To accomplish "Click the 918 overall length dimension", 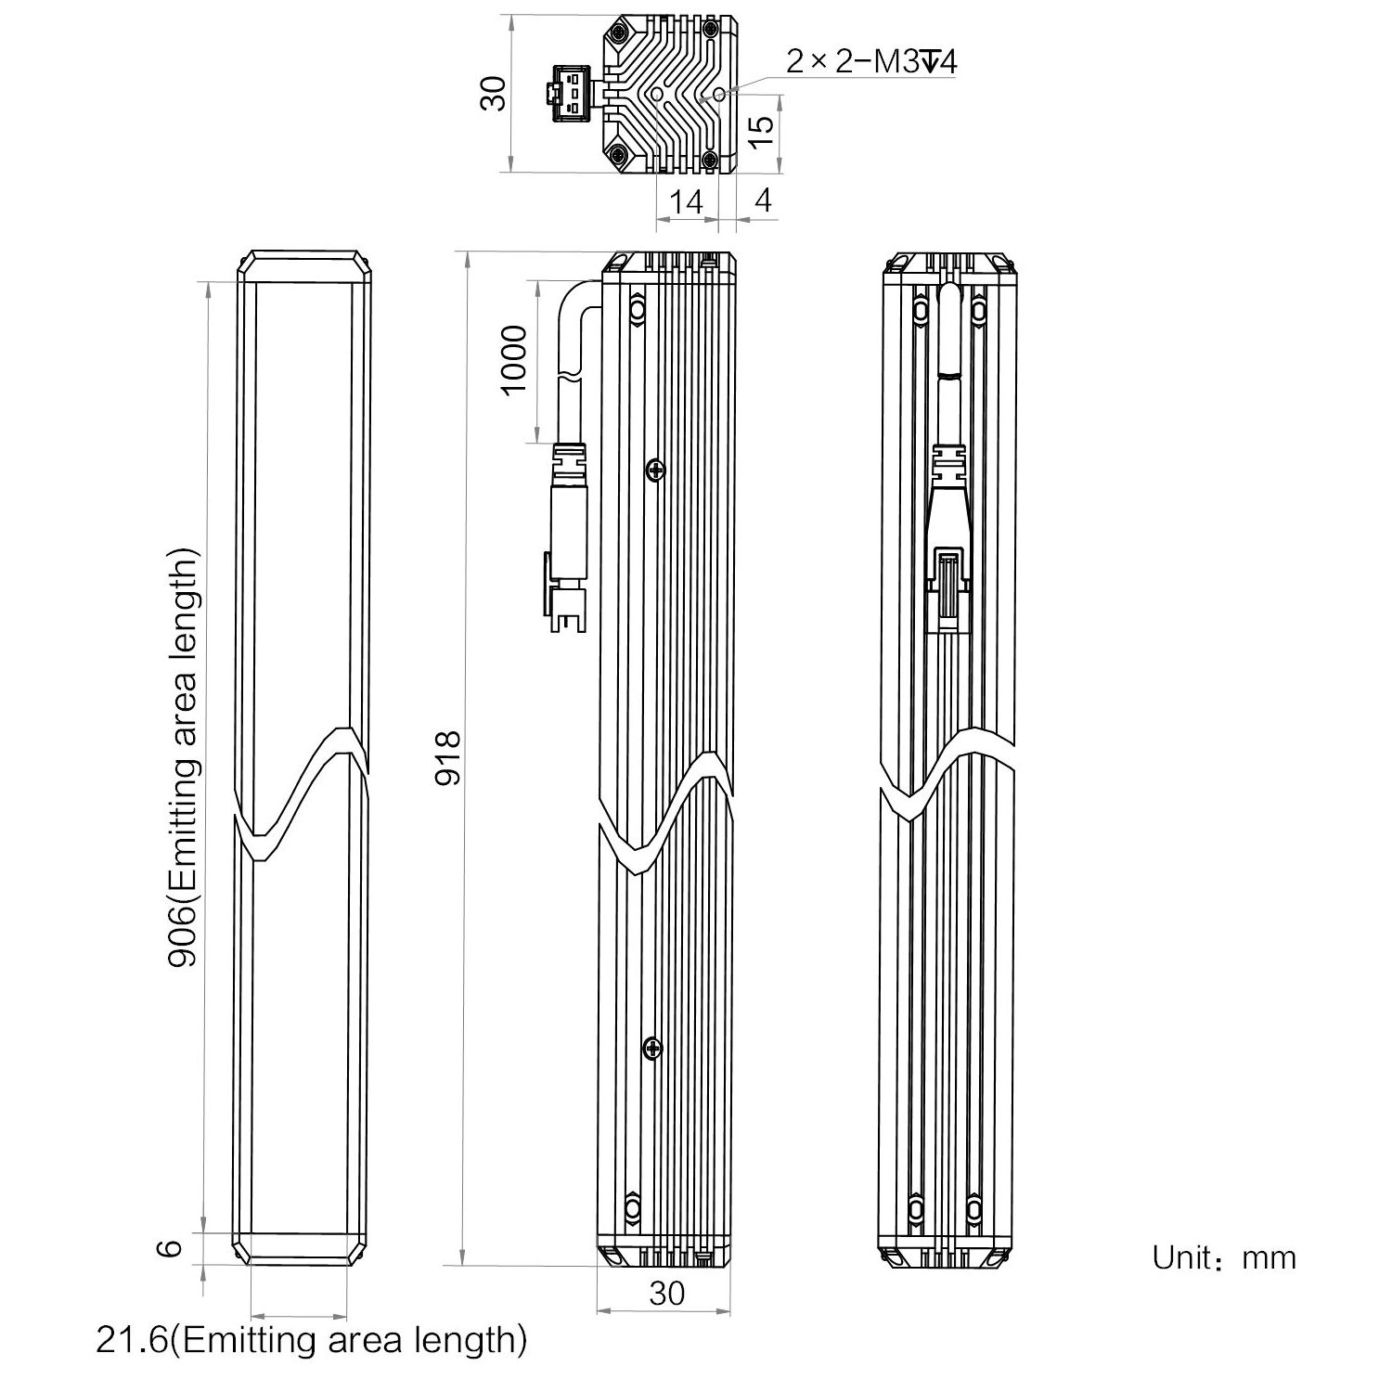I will pos(449,757).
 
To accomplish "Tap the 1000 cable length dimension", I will pos(513,359).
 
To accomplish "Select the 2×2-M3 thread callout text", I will pos(871,62).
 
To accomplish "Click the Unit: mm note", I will pos(1223,1257).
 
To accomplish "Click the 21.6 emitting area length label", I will pos(312,1339).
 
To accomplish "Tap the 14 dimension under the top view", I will pos(687,201).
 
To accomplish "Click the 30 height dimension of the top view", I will pos(496,93).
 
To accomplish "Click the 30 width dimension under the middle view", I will pos(666,1293).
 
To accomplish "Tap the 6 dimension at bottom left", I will pos(168,1248).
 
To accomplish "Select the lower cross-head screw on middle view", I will pos(654,1049).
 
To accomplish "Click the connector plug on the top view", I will pos(567,93).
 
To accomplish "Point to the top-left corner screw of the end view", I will pos(618,33).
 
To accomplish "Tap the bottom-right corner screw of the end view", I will pos(710,160).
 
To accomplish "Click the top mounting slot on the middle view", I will pos(636,308).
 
